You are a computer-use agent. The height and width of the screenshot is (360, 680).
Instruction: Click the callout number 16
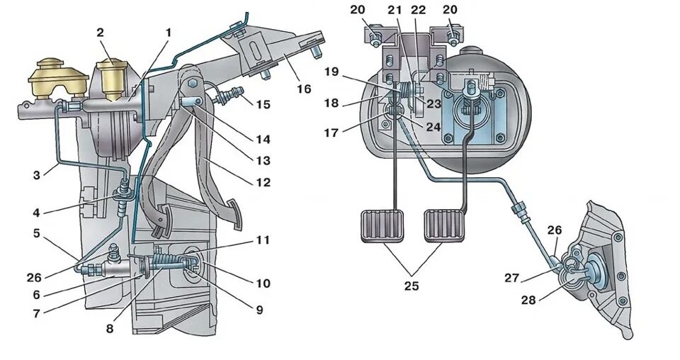click(303, 89)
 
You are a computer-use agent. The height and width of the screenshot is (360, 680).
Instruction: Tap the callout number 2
click(100, 32)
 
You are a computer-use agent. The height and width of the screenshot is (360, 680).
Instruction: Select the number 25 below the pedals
click(412, 286)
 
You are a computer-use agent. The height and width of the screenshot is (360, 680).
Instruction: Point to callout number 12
click(263, 182)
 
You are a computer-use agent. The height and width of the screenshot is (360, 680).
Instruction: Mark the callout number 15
click(263, 104)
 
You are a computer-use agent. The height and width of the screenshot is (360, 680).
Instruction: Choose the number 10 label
click(263, 283)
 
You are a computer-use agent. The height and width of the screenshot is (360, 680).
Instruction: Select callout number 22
click(418, 9)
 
